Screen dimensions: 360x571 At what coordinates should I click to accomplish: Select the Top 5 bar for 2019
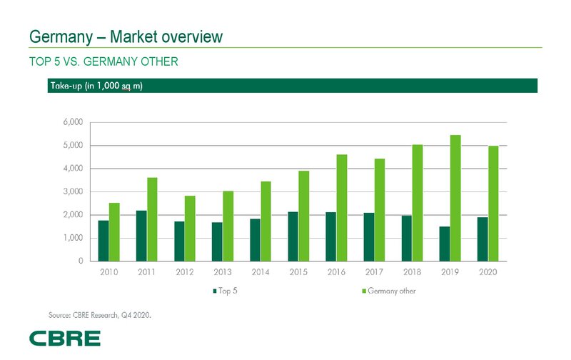(x=445, y=244)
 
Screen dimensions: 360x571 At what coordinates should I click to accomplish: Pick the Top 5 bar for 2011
(x=141, y=236)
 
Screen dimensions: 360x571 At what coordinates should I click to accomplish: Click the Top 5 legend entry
(x=227, y=291)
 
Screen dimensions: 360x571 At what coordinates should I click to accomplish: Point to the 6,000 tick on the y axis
(x=74, y=123)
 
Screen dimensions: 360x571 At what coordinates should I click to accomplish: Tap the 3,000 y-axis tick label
(x=74, y=192)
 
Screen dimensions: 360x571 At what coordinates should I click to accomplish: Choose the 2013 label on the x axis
(x=223, y=273)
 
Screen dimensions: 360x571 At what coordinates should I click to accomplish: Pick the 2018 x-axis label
(x=413, y=273)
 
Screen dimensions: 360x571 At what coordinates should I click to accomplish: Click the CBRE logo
(x=64, y=338)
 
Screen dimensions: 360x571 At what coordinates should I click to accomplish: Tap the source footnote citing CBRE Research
(x=101, y=314)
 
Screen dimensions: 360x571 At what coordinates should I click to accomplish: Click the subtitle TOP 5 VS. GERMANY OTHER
(x=103, y=62)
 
